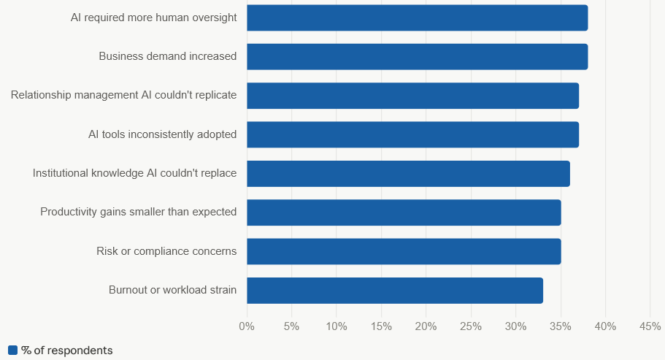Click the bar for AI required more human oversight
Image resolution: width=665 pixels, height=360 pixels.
point(418,18)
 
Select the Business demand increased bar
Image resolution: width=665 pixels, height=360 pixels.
point(418,57)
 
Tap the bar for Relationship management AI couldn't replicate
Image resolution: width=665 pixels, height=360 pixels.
point(413,96)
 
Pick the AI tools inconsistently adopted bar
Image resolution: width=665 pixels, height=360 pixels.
point(413,135)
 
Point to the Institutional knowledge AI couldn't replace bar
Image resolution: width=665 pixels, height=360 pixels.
point(408,173)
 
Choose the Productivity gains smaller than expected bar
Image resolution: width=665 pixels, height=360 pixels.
point(404,212)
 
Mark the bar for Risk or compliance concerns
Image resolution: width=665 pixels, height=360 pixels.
point(404,251)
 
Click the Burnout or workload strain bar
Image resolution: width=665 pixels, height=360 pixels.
point(395,291)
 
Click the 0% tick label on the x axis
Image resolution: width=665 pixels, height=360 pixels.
point(247,326)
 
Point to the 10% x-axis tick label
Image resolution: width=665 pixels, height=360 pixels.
point(337,326)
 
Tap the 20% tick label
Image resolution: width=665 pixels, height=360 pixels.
point(426,326)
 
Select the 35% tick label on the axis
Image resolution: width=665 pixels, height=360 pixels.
point(561,326)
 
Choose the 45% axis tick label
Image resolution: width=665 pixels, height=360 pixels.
point(650,326)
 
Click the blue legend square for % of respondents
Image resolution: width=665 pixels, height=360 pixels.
point(12,351)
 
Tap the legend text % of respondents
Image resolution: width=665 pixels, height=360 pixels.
point(67,351)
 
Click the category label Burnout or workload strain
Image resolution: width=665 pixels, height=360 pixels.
point(172,290)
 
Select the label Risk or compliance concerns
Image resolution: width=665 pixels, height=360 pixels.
point(166,251)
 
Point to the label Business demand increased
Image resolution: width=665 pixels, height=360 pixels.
point(167,56)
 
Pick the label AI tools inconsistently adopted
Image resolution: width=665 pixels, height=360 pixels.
point(163,134)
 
